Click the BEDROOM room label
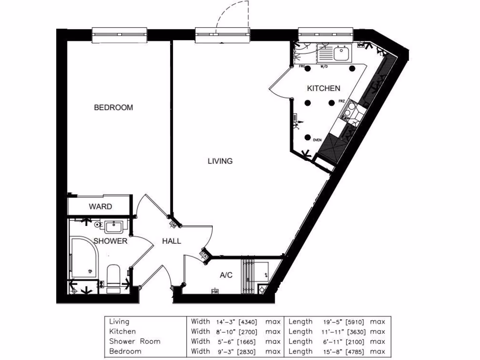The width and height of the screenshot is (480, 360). (x=113, y=107)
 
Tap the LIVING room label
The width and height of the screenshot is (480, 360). (x=220, y=161)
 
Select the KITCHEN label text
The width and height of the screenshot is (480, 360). (x=323, y=88)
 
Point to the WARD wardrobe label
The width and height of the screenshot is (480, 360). (x=100, y=206)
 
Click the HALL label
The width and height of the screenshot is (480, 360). (x=171, y=241)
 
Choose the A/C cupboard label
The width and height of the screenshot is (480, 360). (x=226, y=275)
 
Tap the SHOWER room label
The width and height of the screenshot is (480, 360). (x=110, y=241)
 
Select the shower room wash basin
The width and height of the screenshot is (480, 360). (x=113, y=227)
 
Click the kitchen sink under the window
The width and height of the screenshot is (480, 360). (x=341, y=53)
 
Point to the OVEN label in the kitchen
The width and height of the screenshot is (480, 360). (x=316, y=140)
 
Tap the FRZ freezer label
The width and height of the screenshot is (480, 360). (x=342, y=101)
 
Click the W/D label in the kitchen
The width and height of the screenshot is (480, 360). (x=323, y=67)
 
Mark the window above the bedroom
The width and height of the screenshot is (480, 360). (x=120, y=34)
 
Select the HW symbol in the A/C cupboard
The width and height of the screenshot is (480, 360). (x=215, y=292)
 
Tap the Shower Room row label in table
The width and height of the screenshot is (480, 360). (x=135, y=341)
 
